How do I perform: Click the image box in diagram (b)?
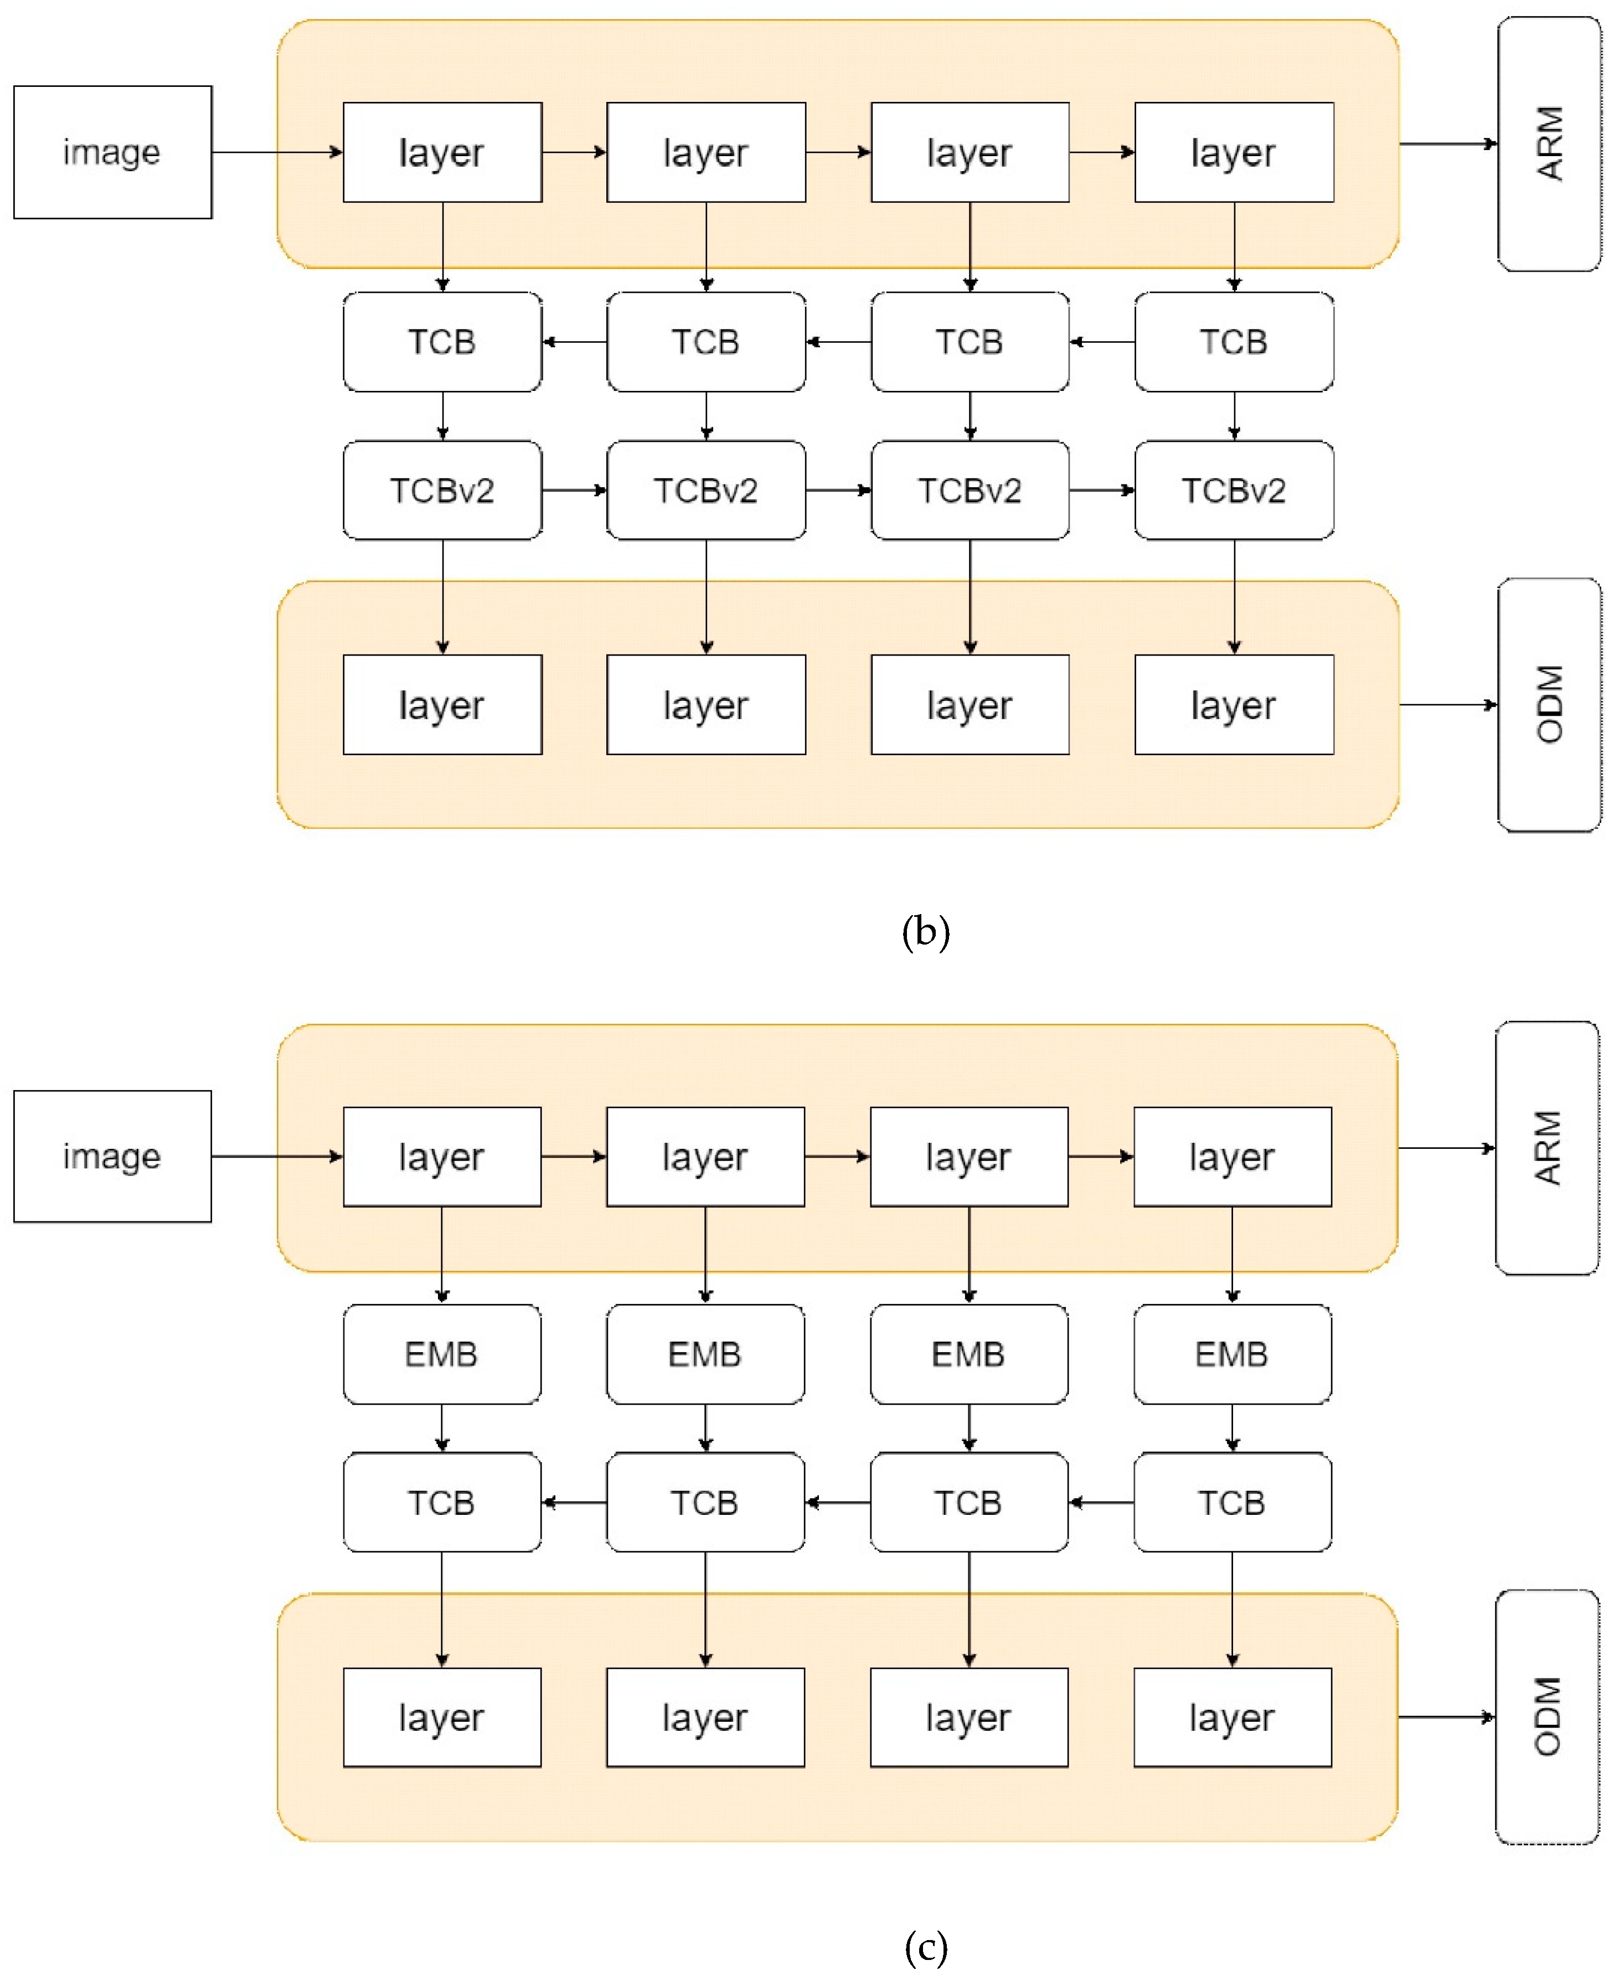pos(112,152)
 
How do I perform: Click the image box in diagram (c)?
pos(112,1156)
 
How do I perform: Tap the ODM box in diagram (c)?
pos(1546,1716)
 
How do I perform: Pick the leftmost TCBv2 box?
pos(442,491)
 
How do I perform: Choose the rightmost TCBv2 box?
pos(1234,491)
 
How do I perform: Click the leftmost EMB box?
pos(441,1354)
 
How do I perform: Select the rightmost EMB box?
pos(1232,1354)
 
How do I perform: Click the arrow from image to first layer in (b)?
pos(277,152)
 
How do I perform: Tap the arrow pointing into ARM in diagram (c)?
pos(1446,1148)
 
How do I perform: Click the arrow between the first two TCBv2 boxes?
pos(574,491)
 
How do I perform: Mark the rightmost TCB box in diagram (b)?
pos(1234,342)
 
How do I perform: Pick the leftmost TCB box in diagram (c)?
pos(441,1502)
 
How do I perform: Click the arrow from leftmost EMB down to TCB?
pos(441,1427)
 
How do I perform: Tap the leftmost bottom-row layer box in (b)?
pos(442,705)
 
